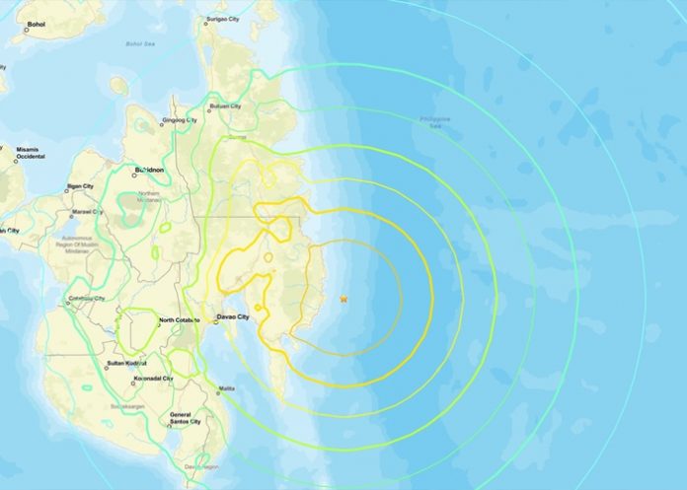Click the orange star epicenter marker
343,299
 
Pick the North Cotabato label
181,319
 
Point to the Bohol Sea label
141,43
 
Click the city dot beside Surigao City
205,19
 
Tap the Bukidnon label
149,171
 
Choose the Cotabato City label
87,298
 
